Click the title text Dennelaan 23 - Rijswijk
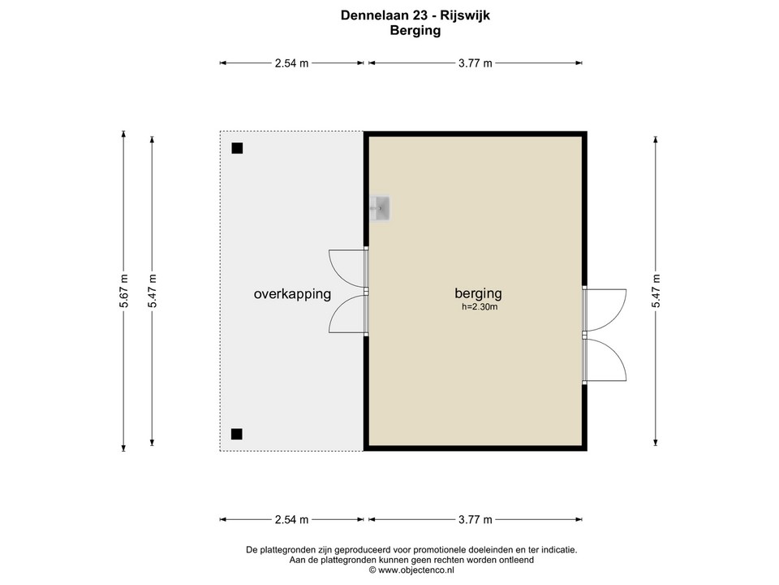(x=415, y=15)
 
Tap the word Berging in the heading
(x=415, y=31)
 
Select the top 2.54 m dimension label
(x=291, y=63)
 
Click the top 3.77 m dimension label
(x=476, y=63)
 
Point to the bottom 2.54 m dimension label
(x=291, y=520)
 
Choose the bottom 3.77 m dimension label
(x=476, y=520)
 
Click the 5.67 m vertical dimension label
(x=123, y=290)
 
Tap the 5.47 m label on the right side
(x=656, y=290)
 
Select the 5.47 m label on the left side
(x=152, y=290)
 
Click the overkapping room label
(x=292, y=294)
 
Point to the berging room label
(x=478, y=293)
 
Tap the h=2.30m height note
(x=479, y=307)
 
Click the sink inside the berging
(x=381, y=208)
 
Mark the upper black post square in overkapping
(x=237, y=149)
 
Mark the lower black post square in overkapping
(x=236, y=434)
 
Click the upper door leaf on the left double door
(x=347, y=269)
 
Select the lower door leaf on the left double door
(x=347, y=314)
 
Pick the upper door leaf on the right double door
(x=605, y=309)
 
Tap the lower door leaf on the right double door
(x=605, y=359)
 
